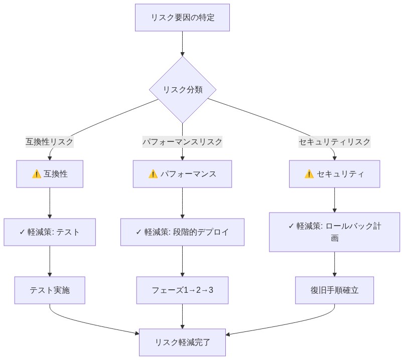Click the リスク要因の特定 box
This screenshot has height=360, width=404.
click(182, 18)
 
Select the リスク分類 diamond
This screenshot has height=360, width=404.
click(182, 90)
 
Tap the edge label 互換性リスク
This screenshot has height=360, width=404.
click(50, 142)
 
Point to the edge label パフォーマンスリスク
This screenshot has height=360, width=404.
click(182, 142)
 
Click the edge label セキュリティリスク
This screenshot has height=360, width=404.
click(334, 142)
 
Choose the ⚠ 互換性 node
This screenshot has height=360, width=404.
click(50, 174)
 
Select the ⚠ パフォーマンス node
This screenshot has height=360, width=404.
click(182, 174)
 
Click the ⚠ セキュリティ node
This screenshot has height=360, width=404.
click(334, 174)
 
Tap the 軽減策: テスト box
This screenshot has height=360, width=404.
click(50, 232)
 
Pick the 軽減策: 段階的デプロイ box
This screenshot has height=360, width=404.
click(182, 232)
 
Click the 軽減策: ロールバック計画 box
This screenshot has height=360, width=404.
click(334, 232)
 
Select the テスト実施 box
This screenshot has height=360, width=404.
click(50, 290)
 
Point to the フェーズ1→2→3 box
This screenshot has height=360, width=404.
click(182, 290)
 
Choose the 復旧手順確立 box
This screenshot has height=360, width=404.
click(334, 290)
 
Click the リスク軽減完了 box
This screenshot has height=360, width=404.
click(182, 342)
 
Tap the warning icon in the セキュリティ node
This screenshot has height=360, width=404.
click(309, 174)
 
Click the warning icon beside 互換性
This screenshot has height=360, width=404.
click(36, 174)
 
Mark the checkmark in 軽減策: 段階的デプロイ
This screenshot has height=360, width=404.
click(139, 232)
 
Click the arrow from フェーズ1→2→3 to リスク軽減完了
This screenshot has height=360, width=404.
click(182, 316)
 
